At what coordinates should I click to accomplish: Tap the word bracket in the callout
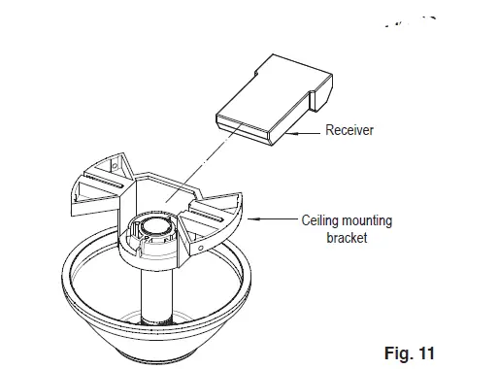(x=347, y=238)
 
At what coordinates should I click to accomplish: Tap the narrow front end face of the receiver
(x=242, y=127)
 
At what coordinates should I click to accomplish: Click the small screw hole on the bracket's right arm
(x=201, y=247)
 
